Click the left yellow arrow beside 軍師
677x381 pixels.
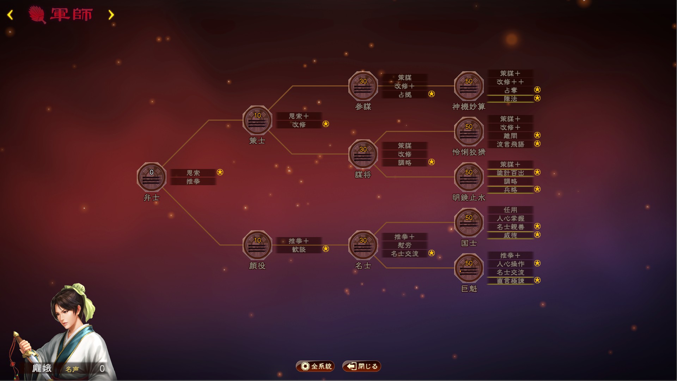click(x=10, y=15)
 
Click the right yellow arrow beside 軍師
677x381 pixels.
click(x=111, y=15)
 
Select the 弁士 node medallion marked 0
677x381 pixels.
click(x=152, y=177)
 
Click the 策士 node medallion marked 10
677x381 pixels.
click(x=257, y=120)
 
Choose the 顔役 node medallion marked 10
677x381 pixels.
click(x=257, y=245)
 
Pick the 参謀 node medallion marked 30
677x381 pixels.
click(x=363, y=86)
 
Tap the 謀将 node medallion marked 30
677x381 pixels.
click(x=363, y=154)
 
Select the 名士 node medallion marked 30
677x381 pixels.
click(x=363, y=245)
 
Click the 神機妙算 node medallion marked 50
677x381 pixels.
click(x=469, y=86)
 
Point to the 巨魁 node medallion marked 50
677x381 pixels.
click(x=469, y=268)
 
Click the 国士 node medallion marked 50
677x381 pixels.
click(x=469, y=222)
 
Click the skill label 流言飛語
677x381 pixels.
click(x=510, y=144)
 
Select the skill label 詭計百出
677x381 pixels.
click(x=510, y=173)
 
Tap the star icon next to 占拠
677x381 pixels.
click(x=432, y=94)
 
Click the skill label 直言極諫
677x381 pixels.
click(x=510, y=281)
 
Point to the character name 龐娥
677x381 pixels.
click(x=42, y=368)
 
